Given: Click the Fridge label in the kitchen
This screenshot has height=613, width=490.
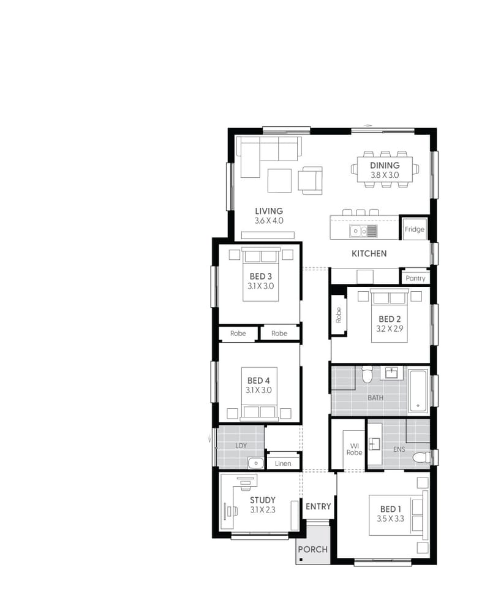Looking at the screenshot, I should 414,230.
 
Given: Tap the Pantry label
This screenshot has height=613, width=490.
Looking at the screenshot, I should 415,278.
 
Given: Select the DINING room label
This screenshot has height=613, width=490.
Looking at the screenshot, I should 385,166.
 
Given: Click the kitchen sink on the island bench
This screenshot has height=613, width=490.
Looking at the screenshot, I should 358,231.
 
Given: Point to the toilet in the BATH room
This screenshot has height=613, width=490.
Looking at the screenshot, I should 367,374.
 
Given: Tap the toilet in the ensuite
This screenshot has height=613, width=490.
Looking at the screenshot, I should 421,457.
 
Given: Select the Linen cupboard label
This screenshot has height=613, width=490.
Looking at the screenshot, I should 283,463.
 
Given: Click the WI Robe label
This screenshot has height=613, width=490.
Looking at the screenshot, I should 354,449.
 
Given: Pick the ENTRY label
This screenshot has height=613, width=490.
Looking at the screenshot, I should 318,506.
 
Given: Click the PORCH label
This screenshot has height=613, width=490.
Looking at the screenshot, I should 313,550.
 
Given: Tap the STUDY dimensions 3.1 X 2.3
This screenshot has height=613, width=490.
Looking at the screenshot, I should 263,509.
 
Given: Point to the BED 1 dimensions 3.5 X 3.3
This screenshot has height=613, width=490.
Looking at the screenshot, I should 391,519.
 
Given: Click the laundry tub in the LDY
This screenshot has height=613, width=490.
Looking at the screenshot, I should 255,462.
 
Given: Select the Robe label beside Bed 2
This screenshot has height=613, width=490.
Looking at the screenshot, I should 338,314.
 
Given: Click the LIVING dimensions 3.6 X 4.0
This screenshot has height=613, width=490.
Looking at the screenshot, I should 269,221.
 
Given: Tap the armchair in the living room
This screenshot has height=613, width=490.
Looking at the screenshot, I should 310,180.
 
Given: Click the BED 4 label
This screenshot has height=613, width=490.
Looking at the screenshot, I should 260,380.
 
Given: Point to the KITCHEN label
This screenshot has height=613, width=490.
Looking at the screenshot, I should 369,254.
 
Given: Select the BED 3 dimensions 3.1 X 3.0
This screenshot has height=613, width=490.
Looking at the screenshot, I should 261,286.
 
